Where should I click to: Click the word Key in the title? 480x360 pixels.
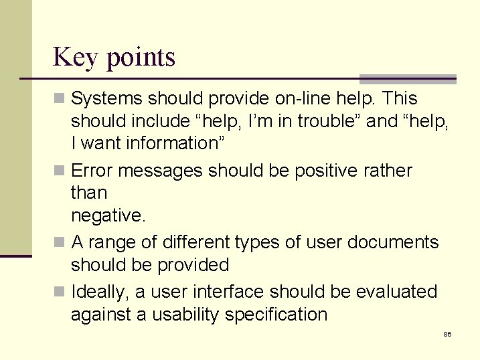[74, 58]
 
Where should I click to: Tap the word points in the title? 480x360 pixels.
[140, 58]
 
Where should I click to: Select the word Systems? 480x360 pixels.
[106, 98]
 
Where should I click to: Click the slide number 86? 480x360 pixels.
[447, 334]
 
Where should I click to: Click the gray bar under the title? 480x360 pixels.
[408, 78]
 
